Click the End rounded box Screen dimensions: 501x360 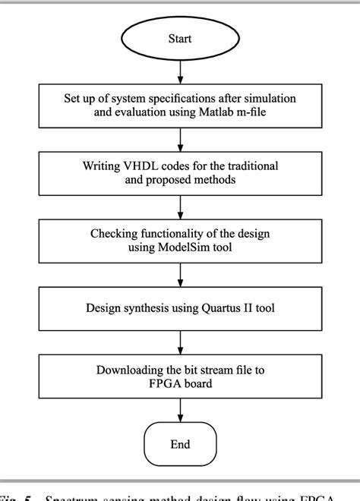click(180, 444)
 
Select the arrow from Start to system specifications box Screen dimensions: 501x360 click(180, 70)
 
